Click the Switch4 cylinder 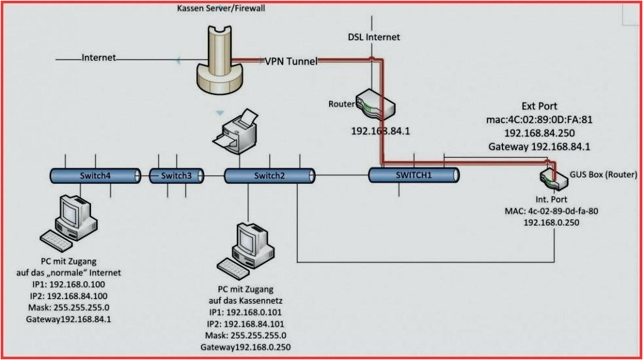(96, 175)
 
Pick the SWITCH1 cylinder (413, 175)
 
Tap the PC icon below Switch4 (70, 221)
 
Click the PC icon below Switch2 (248, 248)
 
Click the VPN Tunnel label (291, 62)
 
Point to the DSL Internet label (373, 37)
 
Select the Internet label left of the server (98, 58)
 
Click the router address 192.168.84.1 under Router (380, 131)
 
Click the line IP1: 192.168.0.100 (67, 284)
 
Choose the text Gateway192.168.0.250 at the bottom (245, 347)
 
